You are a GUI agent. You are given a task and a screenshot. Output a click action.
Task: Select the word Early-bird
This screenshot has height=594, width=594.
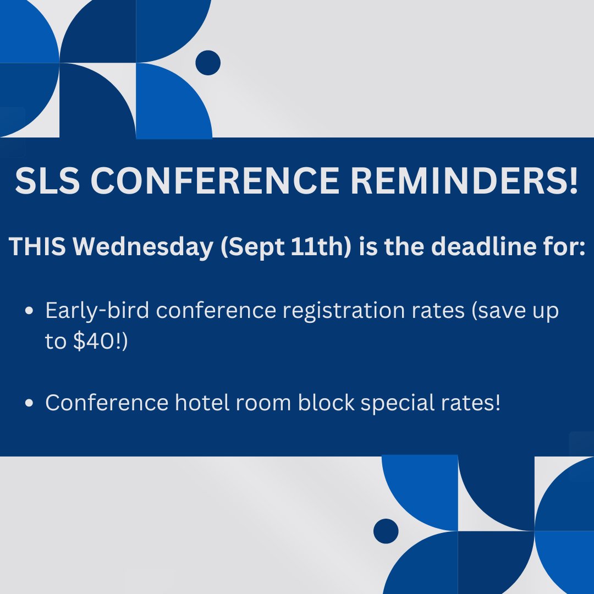coord(97,312)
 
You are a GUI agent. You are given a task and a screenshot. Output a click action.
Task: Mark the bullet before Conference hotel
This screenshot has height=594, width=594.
coord(31,403)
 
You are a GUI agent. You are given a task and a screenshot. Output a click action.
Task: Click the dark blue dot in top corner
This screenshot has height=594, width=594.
coord(208,62)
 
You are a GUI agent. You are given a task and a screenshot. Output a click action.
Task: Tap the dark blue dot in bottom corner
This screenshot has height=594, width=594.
coord(386,531)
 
